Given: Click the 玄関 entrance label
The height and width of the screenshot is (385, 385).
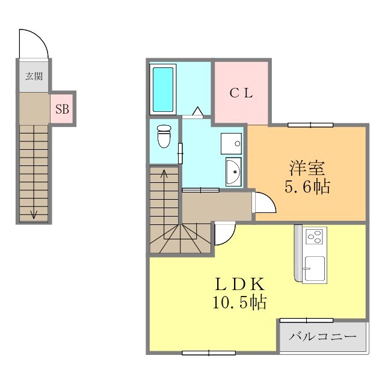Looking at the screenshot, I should [34, 76].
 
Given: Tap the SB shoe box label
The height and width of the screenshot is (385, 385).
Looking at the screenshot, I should [62, 109].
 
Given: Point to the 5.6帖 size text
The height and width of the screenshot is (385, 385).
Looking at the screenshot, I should [307, 187].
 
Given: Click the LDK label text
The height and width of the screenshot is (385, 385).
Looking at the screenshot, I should [239, 283].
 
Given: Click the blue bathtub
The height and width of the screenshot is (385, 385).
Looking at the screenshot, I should [162, 89].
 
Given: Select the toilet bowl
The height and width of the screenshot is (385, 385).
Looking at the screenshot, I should [163, 137].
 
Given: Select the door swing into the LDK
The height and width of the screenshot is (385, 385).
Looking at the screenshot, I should [224, 234].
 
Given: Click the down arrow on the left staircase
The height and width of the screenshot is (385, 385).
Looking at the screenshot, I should [34, 213].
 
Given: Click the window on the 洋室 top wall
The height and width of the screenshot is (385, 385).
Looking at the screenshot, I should [310, 125].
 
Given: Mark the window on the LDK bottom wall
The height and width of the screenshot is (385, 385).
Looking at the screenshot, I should [200, 353].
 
